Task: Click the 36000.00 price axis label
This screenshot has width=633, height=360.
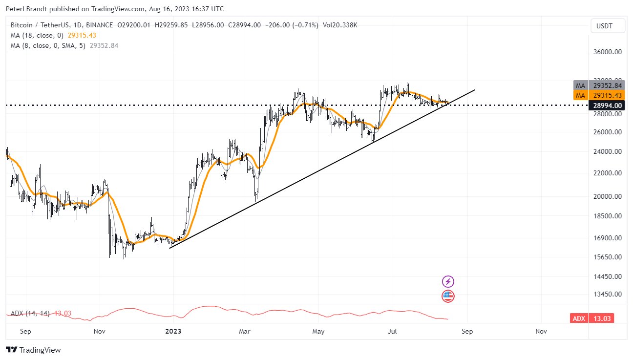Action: tap(608, 52)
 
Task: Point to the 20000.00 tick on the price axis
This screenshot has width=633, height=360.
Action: tap(608, 196)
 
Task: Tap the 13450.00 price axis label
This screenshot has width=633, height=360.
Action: tap(608, 295)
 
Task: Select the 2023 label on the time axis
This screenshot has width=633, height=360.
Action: tap(173, 331)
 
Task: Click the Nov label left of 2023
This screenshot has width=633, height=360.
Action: tap(99, 331)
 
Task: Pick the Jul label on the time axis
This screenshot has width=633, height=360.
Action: tap(392, 331)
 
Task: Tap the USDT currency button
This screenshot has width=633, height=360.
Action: tap(608, 26)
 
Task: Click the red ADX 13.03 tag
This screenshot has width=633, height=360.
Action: tap(592, 318)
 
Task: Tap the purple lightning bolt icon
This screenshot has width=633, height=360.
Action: tap(448, 281)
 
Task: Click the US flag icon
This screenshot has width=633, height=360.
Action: tap(448, 296)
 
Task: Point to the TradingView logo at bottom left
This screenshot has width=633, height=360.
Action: tap(33, 350)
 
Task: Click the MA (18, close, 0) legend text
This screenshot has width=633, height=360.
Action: tap(38, 35)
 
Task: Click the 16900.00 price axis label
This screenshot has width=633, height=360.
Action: tap(608, 238)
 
